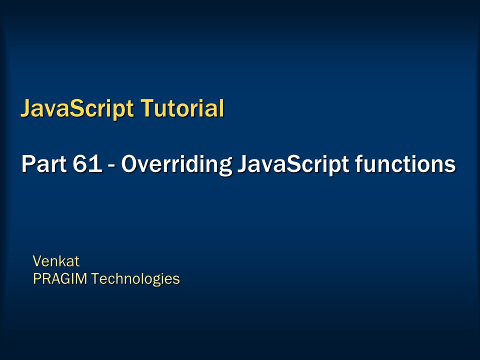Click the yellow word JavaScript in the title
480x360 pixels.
(x=77, y=108)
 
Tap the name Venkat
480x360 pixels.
(x=56, y=261)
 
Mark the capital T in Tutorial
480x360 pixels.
(x=146, y=108)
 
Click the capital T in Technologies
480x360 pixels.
(x=95, y=278)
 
